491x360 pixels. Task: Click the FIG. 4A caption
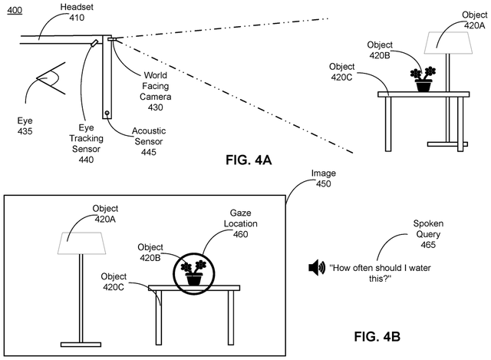pyautogui.click(x=249, y=160)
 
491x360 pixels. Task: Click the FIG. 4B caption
pyautogui.click(x=377, y=336)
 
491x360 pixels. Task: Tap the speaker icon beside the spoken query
pyautogui.click(x=317, y=268)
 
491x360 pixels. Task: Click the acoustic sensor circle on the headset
pyautogui.click(x=107, y=113)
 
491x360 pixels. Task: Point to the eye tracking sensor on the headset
pyautogui.click(x=94, y=43)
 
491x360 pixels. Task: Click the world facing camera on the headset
pyautogui.click(x=112, y=39)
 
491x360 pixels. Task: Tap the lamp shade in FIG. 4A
pyautogui.click(x=448, y=43)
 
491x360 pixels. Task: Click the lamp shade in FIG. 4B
pyautogui.click(x=81, y=243)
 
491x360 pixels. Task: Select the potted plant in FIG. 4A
pyautogui.click(x=423, y=79)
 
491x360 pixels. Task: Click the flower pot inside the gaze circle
pyautogui.click(x=194, y=279)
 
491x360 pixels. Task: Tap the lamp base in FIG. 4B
pyautogui.click(x=81, y=345)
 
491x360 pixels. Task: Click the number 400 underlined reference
pyautogui.click(x=15, y=10)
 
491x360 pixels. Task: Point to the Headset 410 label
pyautogui.click(x=77, y=12)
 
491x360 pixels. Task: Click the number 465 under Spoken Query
pyautogui.click(x=428, y=245)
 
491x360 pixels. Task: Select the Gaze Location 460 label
pyautogui.click(x=240, y=223)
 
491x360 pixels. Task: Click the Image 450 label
pyautogui.click(x=324, y=178)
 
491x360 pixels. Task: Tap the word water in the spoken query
pyautogui.click(x=420, y=268)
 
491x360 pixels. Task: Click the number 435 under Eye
pyautogui.click(x=25, y=131)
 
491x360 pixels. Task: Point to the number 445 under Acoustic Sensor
pyautogui.click(x=149, y=152)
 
